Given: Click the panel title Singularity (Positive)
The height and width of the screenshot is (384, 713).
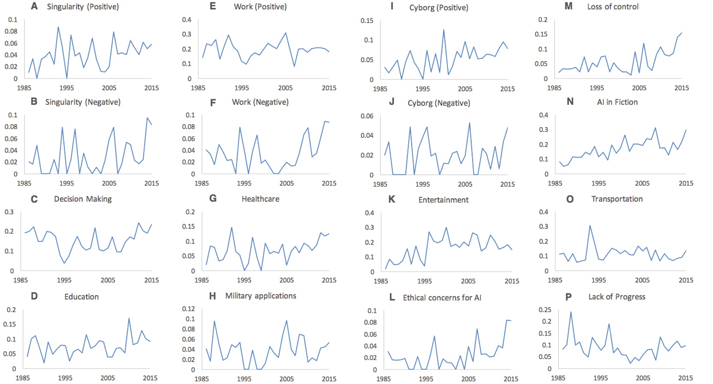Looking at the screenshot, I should pyautogui.click(x=83, y=6).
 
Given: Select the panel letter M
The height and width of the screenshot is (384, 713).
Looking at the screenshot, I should pyautogui.click(x=568, y=6).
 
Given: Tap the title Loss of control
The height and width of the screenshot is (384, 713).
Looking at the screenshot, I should pyautogui.click(x=613, y=6).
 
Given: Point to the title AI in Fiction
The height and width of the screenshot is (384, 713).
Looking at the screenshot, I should pyautogui.click(x=617, y=102).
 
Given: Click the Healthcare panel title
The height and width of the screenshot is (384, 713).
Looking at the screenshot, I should pyautogui.click(x=260, y=199).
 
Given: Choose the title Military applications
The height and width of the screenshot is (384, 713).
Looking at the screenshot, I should pyautogui.click(x=260, y=296).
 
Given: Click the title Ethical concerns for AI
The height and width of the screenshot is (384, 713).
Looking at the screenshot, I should pyautogui.click(x=442, y=298).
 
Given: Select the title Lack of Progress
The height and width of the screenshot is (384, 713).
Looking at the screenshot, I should pyautogui.click(x=616, y=297).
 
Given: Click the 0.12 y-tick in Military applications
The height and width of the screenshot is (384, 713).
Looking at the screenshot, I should pyautogui.click(x=188, y=309).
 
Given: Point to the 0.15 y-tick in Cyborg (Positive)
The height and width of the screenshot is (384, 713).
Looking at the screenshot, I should pyautogui.click(x=367, y=21).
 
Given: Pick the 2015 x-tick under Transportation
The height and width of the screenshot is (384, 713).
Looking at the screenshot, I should pyautogui.click(x=686, y=280).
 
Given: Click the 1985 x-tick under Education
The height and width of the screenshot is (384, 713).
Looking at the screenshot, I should pyautogui.click(x=23, y=378).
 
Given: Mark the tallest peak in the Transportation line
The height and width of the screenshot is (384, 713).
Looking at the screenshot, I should pyautogui.click(x=590, y=226).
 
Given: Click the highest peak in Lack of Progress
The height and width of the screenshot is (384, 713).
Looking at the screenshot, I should pyautogui.click(x=571, y=312).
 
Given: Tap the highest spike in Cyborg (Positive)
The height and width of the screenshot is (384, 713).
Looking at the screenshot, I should pyautogui.click(x=444, y=30).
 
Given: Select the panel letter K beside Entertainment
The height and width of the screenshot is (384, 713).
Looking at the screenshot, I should pyautogui.click(x=391, y=199).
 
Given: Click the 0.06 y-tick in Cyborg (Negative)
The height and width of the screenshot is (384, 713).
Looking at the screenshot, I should pyautogui.click(x=367, y=116).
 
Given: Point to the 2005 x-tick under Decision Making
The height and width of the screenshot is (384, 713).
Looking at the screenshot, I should pyautogui.click(x=108, y=280).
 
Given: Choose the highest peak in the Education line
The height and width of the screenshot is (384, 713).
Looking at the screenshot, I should pyautogui.click(x=129, y=318).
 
